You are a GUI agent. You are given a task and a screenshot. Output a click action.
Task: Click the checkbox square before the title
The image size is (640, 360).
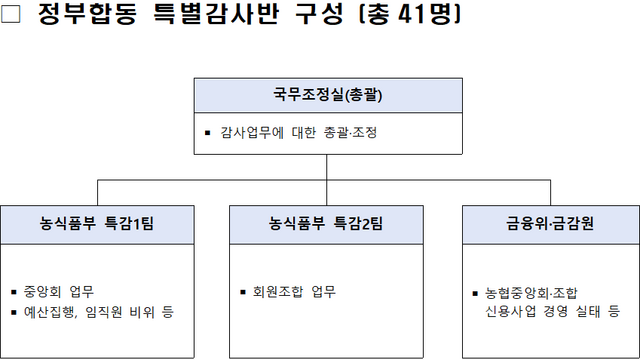(x=13, y=18)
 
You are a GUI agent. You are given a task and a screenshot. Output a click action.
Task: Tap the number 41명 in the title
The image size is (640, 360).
(x=401, y=18)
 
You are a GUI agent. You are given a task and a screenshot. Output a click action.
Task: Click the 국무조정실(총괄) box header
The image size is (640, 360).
(x=327, y=96)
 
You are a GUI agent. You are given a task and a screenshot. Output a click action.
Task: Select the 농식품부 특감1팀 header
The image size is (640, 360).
(x=96, y=223)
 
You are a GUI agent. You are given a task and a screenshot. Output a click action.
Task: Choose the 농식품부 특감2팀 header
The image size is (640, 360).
(x=326, y=223)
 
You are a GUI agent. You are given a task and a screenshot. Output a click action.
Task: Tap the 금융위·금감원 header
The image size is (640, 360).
(x=551, y=223)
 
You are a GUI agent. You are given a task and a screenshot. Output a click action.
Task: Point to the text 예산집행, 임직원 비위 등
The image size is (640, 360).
(x=98, y=313)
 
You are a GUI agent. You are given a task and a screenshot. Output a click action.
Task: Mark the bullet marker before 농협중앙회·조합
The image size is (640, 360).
(x=476, y=294)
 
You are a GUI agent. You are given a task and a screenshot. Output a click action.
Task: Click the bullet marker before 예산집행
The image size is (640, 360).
(x=15, y=313)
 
